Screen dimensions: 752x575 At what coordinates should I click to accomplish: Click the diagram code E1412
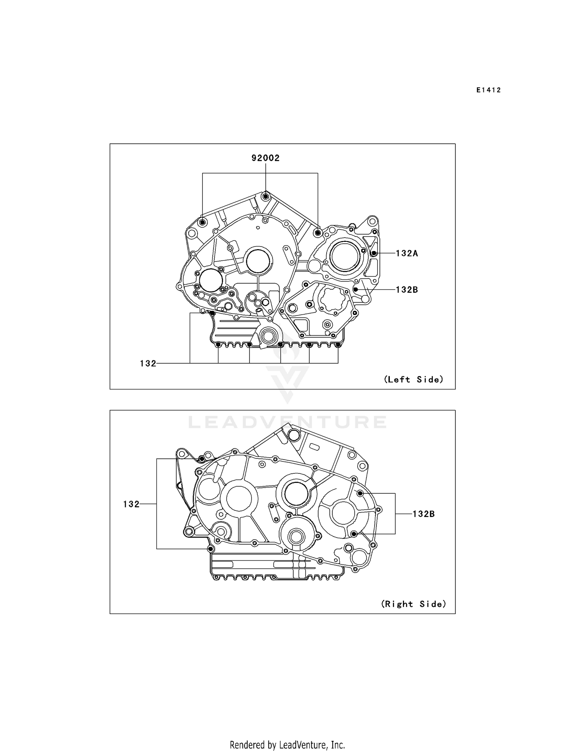[489, 90]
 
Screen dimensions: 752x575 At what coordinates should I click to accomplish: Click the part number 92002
[265, 158]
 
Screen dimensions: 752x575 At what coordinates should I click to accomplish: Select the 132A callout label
[407, 253]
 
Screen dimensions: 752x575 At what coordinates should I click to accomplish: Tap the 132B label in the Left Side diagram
[407, 290]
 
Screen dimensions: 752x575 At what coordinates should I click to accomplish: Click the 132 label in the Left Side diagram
[148, 363]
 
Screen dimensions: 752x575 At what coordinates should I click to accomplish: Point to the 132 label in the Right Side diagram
[131, 504]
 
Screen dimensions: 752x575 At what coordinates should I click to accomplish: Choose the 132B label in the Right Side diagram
[424, 514]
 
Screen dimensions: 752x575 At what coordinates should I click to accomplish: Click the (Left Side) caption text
[413, 379]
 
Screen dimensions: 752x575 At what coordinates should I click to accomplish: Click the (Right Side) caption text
[413, 604]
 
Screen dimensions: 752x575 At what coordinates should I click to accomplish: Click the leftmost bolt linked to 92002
[203, 222]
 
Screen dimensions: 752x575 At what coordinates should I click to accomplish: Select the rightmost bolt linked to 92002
[318, 232]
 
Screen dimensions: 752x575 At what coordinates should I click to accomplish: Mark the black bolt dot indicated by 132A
[374, 253]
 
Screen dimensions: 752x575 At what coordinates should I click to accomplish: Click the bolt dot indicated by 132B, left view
[355, 290]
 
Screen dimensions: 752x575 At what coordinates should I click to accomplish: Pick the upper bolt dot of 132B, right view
[360, 493]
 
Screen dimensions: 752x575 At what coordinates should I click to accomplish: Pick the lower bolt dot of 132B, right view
[354, 534]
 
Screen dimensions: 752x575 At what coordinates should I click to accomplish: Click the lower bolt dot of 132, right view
[210, 549]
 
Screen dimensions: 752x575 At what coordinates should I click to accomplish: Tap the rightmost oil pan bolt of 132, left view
[338, 345]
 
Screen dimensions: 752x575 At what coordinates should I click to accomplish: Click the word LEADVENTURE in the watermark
[287, 422]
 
